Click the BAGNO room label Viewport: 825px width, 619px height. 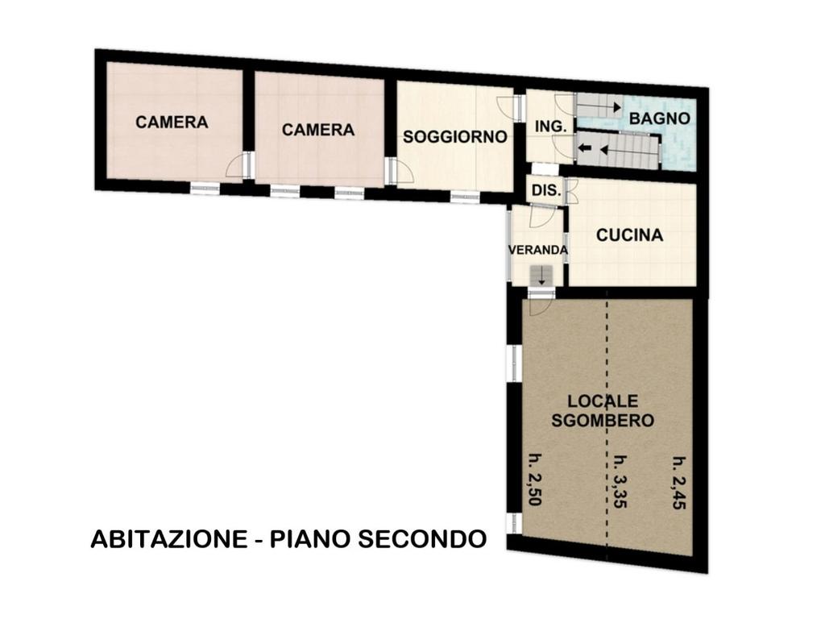click(x=659, y=118)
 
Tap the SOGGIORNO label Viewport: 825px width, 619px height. click(x=455, y=137)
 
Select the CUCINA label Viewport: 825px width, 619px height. click(x=629, y=235)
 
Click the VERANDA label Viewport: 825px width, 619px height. click(x=537, y=250)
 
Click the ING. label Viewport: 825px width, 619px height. click(x=551, y=127)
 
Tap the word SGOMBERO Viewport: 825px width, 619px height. click(x=603, y=421)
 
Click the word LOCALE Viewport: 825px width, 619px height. click(x=603, y=401)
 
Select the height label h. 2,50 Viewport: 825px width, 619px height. click(x=535, y=479)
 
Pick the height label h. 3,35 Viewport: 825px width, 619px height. click(x=621, y=480)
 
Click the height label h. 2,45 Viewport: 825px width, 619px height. click(x=679, y=483)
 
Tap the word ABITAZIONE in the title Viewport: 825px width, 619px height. click(x=169, y=539)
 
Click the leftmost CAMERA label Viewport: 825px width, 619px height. click(x=172, y=123)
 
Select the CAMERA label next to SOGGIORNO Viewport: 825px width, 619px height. click(x=317, y=130)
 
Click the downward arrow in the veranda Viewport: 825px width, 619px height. click(x=541, y=277)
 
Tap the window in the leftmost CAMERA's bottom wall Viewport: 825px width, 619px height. click(x=205, y=189)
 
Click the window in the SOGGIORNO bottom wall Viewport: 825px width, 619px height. click(x=465, y=197)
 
